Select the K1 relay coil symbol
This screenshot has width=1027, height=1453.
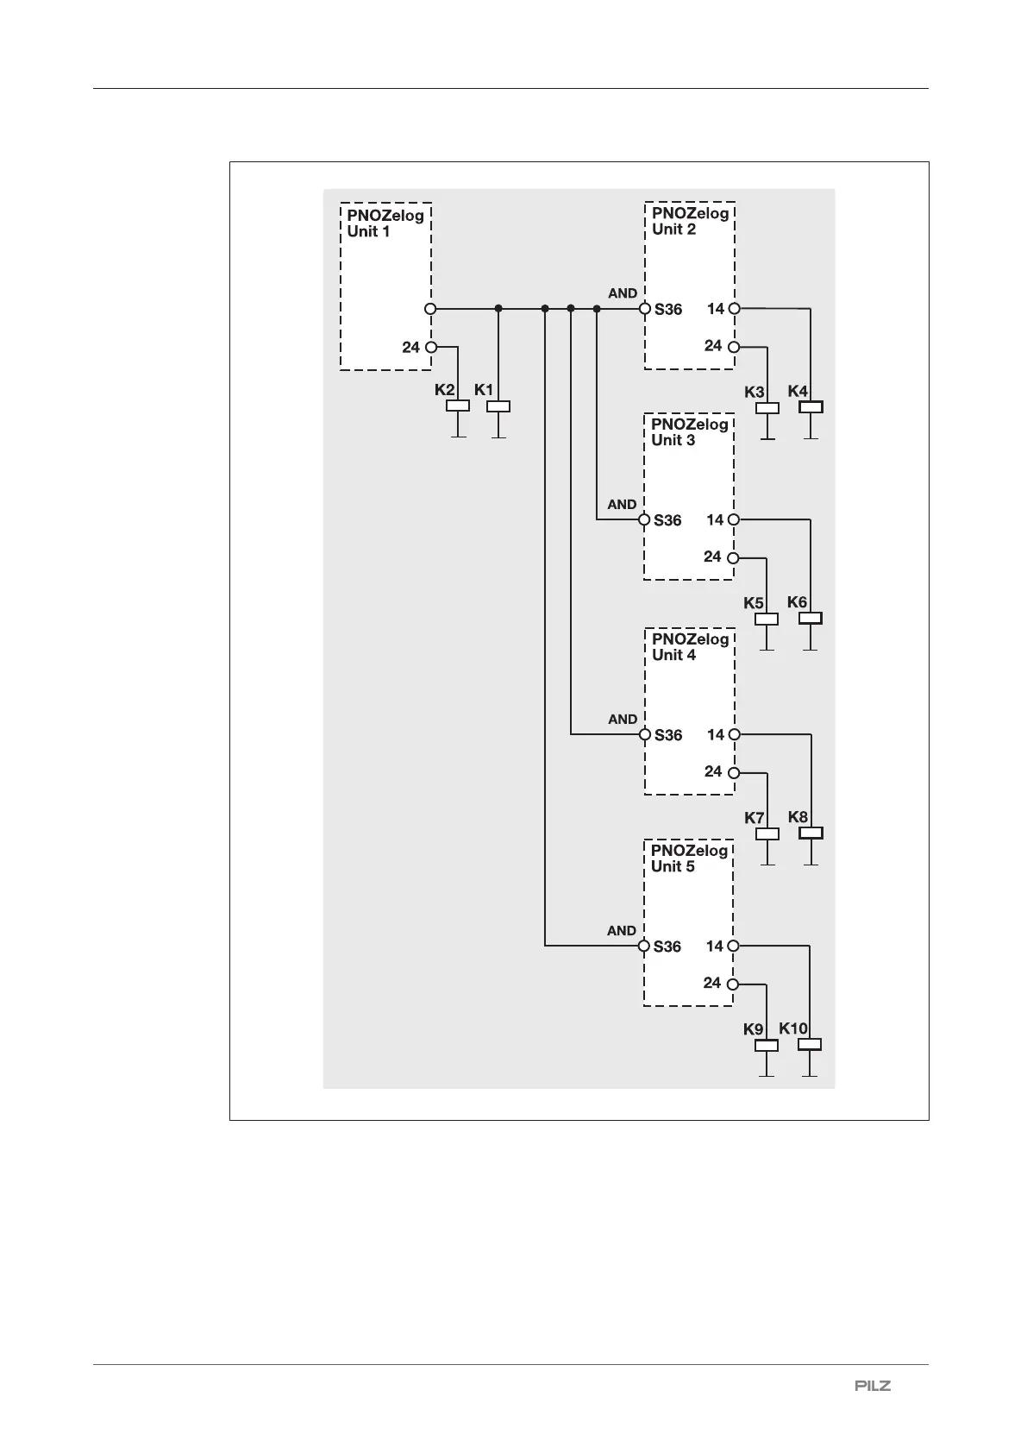coord(498,406)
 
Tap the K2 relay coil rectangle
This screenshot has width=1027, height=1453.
coord(457,406)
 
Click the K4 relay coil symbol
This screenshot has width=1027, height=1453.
coord(811,406)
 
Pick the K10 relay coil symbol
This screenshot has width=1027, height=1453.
coord(810,1045)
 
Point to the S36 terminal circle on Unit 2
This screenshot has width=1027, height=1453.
coord(644,308)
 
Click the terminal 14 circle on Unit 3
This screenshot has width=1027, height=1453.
coord(733,519)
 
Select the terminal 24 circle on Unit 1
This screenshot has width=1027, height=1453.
coord(431,347)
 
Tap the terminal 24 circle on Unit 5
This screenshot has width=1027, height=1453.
coord(732,984)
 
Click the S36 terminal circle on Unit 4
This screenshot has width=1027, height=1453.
coord(644,735)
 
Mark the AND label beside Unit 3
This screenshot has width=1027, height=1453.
coord(622,504)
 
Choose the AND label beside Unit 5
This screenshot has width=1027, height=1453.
coord(622,930)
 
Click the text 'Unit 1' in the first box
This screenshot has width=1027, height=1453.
coord(368,231)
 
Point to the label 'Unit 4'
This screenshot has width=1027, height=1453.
coord(673,655)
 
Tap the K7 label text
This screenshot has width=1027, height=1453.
coord(755,817)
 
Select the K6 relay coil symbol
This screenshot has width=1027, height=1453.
coord(810,618)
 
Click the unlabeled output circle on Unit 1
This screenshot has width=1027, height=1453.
coord(431,308)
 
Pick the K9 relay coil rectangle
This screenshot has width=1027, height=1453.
coord(767,1046)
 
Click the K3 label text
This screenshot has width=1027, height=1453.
coord(755,392)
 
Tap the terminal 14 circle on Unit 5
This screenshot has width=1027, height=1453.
coord(733,946)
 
